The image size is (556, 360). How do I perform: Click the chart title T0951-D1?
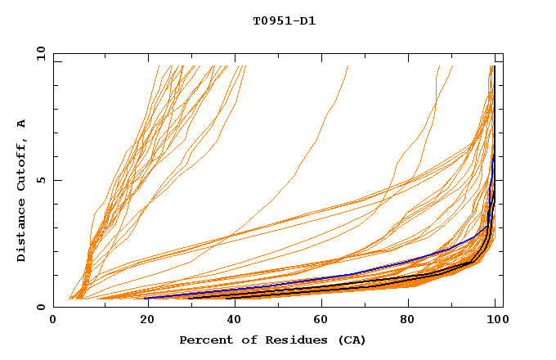coord(284,20)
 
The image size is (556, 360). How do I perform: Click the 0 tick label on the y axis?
coord(41,307)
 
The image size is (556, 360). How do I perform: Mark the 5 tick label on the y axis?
coord(41,180)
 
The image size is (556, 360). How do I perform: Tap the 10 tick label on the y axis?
coord(38,53)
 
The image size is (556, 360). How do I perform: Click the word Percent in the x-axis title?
coord(204,340)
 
